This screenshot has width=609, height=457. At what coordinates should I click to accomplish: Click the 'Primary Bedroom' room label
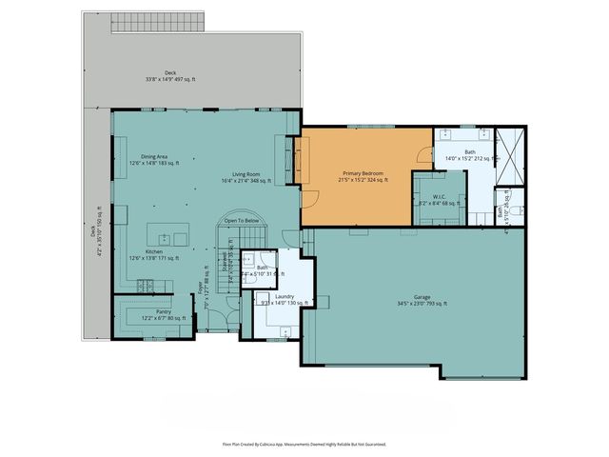pos(358,173)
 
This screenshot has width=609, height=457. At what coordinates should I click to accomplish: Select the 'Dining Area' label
pos(155,156)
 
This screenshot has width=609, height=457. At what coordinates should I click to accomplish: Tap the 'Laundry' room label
pos(284,297)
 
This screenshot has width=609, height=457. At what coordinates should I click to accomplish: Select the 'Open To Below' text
pos(242,221)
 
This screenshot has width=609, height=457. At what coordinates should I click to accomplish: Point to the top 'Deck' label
pos(170,72)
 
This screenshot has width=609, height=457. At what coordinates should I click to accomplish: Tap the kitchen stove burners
pos(147,283)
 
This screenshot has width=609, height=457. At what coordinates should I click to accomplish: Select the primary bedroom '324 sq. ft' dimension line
pos(358,180)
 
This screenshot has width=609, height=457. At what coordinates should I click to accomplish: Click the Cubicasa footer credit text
pos(304,444)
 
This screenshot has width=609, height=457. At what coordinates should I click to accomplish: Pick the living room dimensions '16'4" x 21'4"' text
pos(246,180)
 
